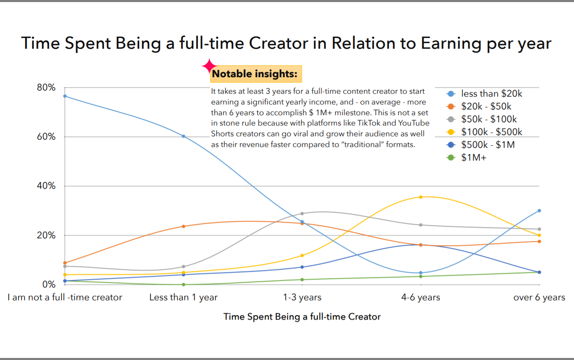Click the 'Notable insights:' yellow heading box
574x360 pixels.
tap(256, 74)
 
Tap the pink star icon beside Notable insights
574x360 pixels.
tap(209, 66)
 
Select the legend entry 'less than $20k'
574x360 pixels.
tap(491, 94)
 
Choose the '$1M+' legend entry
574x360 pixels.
tap(473, 157)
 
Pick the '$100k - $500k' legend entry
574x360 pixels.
tap(491, 132)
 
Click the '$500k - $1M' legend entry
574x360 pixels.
tap(487, 144)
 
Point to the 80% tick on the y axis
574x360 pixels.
tap(46, 88)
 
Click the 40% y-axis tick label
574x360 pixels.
tap(46, 186)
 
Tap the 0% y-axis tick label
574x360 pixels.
tap(48, 284)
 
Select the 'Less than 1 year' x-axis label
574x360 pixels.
tap(183, 298)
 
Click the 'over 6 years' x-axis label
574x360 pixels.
tap(539, 298)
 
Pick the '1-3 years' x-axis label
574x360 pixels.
tap(302, 298)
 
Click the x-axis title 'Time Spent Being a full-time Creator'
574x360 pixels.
tap(302, 317)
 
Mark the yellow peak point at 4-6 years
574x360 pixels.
tap(420, 197)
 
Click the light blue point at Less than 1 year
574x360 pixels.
tap(183, 136)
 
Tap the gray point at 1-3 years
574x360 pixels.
tap(302, 213)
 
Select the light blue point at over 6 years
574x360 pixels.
tap(539, 211)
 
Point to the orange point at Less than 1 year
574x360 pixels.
tap(183, 226)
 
